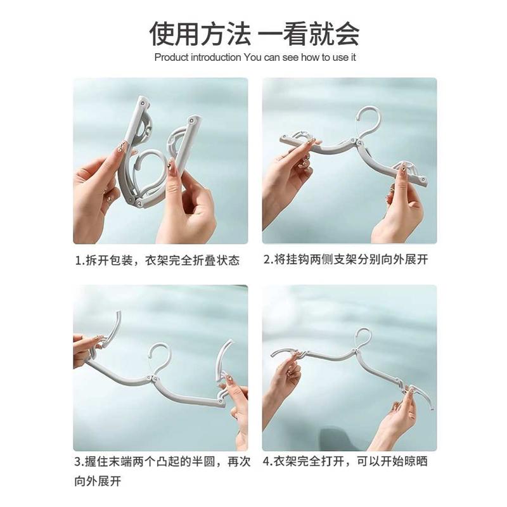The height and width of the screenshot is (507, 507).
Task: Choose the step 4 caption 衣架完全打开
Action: [x=345, y=461]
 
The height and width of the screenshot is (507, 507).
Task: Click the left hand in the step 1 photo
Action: [x=95, y=190]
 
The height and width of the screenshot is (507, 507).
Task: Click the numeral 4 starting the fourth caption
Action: [x=266, y=461]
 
